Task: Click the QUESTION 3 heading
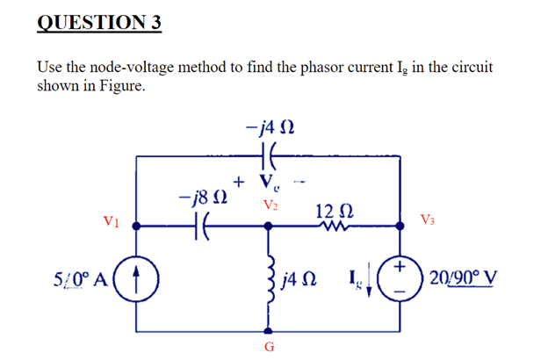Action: pos(99,22)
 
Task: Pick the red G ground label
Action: pos(269,348)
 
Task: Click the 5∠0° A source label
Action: pos(79,281)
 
